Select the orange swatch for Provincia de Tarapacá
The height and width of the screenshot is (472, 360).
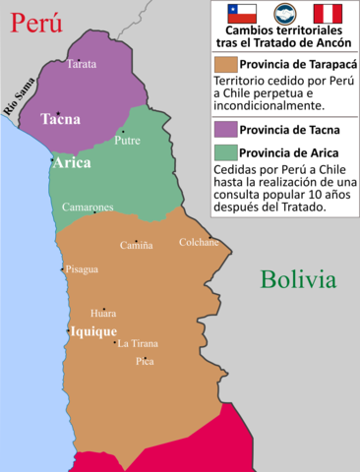(x=220, y=64)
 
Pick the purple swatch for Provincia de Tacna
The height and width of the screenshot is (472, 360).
(x=220, y=128)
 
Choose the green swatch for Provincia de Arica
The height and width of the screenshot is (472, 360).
(x=220, y=151)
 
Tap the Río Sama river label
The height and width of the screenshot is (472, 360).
(x=19, y=96)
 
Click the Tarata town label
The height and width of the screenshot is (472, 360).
(x=80, y=63)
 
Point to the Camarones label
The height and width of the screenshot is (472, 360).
(x=88, y=207)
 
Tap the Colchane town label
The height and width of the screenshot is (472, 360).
(x=198, y=242)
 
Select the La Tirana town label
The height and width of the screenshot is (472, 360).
(x=138, y=343)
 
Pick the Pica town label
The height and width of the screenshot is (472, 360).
(x=145, y=361)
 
